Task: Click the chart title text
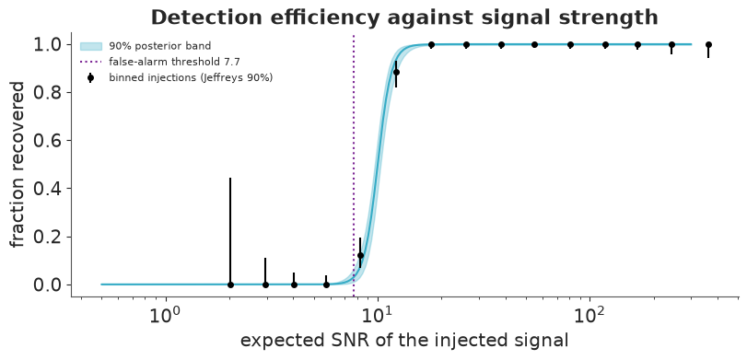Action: [404, 17]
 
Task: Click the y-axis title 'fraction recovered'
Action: [18, 164]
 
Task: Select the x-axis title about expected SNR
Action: [404, 341]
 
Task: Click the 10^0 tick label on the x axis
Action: [166, 315]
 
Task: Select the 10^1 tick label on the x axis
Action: [378, 315]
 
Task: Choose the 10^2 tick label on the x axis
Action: [589, 315]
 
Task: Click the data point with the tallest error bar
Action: [230, 285]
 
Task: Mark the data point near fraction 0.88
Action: [396, 73]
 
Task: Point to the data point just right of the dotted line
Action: [360, 255]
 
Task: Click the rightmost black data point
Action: [708, 45]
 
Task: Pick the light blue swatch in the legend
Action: [91, 46]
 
